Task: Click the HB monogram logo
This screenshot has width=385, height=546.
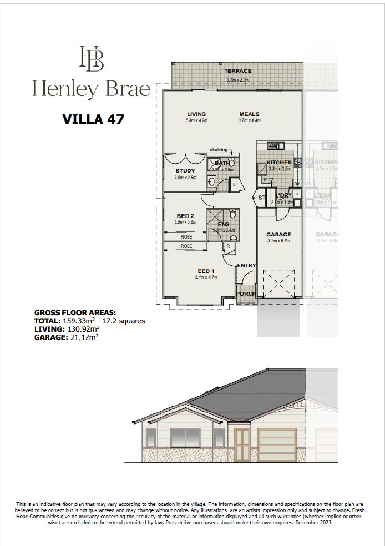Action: click(x=91, y=58)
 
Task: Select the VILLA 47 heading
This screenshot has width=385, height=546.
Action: click(x=93, y=119)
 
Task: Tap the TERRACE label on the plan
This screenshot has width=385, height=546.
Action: click(x=237, y=71)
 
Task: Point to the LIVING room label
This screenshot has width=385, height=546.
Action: click(x=196, y=114)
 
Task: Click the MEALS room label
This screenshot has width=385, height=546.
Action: click(x=249, y=114)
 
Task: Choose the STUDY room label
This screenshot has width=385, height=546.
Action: click(x=185, y=171)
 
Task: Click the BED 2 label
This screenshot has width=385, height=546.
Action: click(x=185, y=216)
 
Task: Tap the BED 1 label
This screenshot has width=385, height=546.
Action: click(x=204, y=271)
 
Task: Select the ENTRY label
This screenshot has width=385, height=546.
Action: click(x=246, y=266)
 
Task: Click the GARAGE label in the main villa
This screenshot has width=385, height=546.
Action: click(x=278, y=235)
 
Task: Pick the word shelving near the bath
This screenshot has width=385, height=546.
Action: click(x=218, y=150)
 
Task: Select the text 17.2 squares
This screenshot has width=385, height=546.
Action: click(x=124, y=321)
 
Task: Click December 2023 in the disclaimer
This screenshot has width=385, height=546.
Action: click(x=314, y=523)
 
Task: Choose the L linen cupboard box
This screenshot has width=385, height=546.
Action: click(x=234, y=184)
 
